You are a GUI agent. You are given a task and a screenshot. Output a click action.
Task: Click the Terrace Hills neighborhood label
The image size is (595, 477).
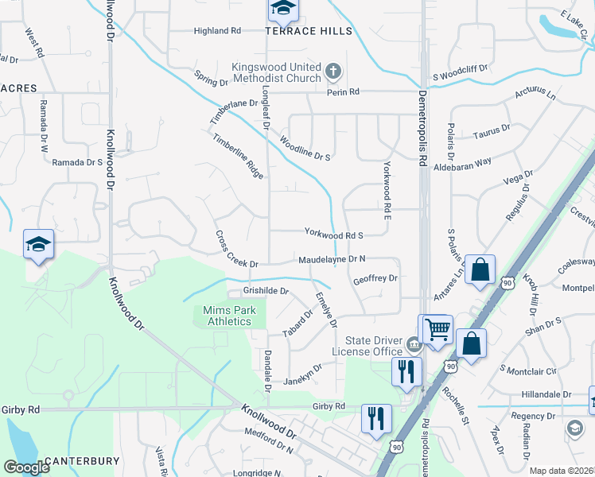pyautogui.click(x=309, y=31)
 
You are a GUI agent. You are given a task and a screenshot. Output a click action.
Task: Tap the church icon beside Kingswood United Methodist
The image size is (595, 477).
pyautogui.click(x=333, y=72)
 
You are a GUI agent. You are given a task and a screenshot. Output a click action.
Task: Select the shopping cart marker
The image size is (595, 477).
pyautogui.click(x=436, y=328)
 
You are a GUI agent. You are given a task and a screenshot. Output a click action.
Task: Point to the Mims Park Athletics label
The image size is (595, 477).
pyautogui.click(x=227, y=316)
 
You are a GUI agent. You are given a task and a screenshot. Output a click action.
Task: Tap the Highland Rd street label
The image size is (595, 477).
pyautogui.click(x=217, y=31)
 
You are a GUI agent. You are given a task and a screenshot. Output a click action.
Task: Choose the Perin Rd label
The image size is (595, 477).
pyautogui.click(x=343, y=92)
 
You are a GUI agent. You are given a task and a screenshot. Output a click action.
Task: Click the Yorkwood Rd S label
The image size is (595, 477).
pyautogui.click(x=334, y=235)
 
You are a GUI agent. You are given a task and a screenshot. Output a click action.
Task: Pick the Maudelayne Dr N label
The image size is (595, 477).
pyautogui.click(x=332, y=259)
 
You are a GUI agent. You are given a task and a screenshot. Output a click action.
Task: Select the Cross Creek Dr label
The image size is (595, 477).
pyautogui.click(x=237, y=250)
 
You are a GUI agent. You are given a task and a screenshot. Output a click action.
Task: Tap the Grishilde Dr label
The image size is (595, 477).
pyautogui.click(x=265, y=291)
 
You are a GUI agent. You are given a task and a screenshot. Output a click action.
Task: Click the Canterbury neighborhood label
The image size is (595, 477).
pyautogui.click(x=82, y=461)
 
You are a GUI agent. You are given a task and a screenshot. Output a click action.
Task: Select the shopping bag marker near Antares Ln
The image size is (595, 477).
pyautogui.click(x=480, y=270)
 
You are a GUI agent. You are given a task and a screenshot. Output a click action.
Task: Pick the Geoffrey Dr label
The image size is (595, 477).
pyautogui.click(x=375, y=278)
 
